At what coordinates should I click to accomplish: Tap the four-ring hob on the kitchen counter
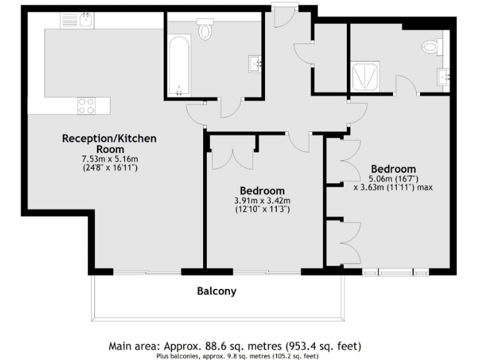pos(86,106)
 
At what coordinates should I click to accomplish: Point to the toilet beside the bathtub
pos(205,29)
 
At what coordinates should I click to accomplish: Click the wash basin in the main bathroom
pos(256,63)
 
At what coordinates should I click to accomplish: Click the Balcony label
pos(216,291)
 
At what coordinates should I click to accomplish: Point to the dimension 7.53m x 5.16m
pos(109,159)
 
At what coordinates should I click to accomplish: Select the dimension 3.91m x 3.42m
pos(262,201)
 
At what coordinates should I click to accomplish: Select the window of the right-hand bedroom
pos(396,272)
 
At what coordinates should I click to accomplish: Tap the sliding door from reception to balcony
pos(147,272)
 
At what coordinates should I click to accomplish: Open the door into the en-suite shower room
pos(406,84)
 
